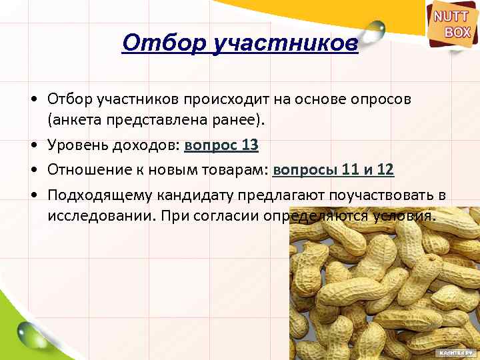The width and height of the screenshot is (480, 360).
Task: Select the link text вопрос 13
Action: (x=221, y=145)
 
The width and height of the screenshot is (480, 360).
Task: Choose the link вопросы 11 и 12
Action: (x=333, y=170)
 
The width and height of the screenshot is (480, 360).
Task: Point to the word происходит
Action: (x=223, y=99)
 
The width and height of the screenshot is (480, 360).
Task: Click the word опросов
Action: (x=383, y=99)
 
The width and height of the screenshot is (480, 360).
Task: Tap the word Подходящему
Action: (x=99, y=195)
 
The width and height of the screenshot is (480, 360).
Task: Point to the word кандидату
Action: (x=189, y=195)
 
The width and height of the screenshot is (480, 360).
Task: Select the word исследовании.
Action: (x=99, y=217)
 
